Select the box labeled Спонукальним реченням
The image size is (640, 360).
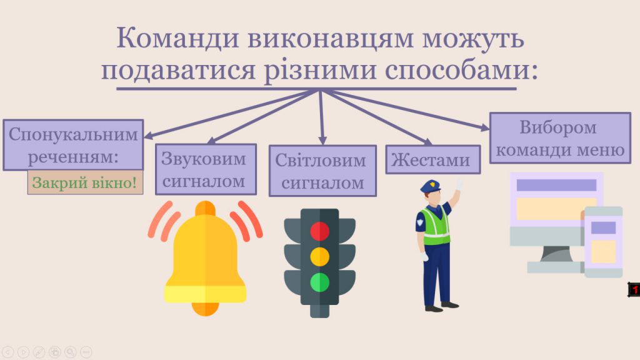coord(73,144)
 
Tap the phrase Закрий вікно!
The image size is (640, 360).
coord(85,183)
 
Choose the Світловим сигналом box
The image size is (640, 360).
coord(322,171)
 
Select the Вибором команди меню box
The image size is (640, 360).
coord(559,138)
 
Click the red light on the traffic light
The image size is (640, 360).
coord(320,231)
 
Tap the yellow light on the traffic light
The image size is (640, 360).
coord(320,256)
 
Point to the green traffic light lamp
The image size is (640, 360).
coord(320,282)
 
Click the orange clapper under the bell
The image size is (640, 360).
coord(205,308)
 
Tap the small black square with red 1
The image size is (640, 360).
coord(634,289)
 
